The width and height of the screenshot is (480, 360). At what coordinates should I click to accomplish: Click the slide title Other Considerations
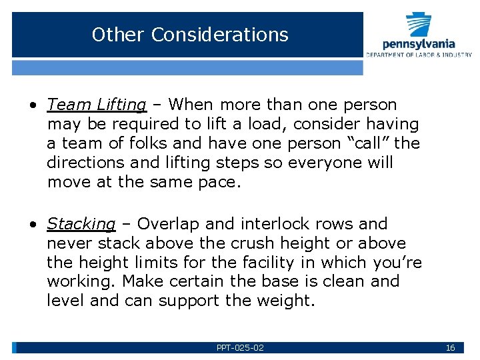(190, 35)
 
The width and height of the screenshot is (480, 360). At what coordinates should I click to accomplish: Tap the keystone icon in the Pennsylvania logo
(419, 25)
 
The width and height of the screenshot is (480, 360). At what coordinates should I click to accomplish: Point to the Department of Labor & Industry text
(419, 55)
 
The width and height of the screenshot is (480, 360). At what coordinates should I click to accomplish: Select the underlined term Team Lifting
(97, 105)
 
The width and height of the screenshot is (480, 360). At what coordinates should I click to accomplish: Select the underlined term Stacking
(81, 224)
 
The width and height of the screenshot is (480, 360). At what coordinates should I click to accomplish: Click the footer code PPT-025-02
(240, 348)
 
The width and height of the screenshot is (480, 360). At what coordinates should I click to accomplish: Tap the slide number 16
(450, 348)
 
